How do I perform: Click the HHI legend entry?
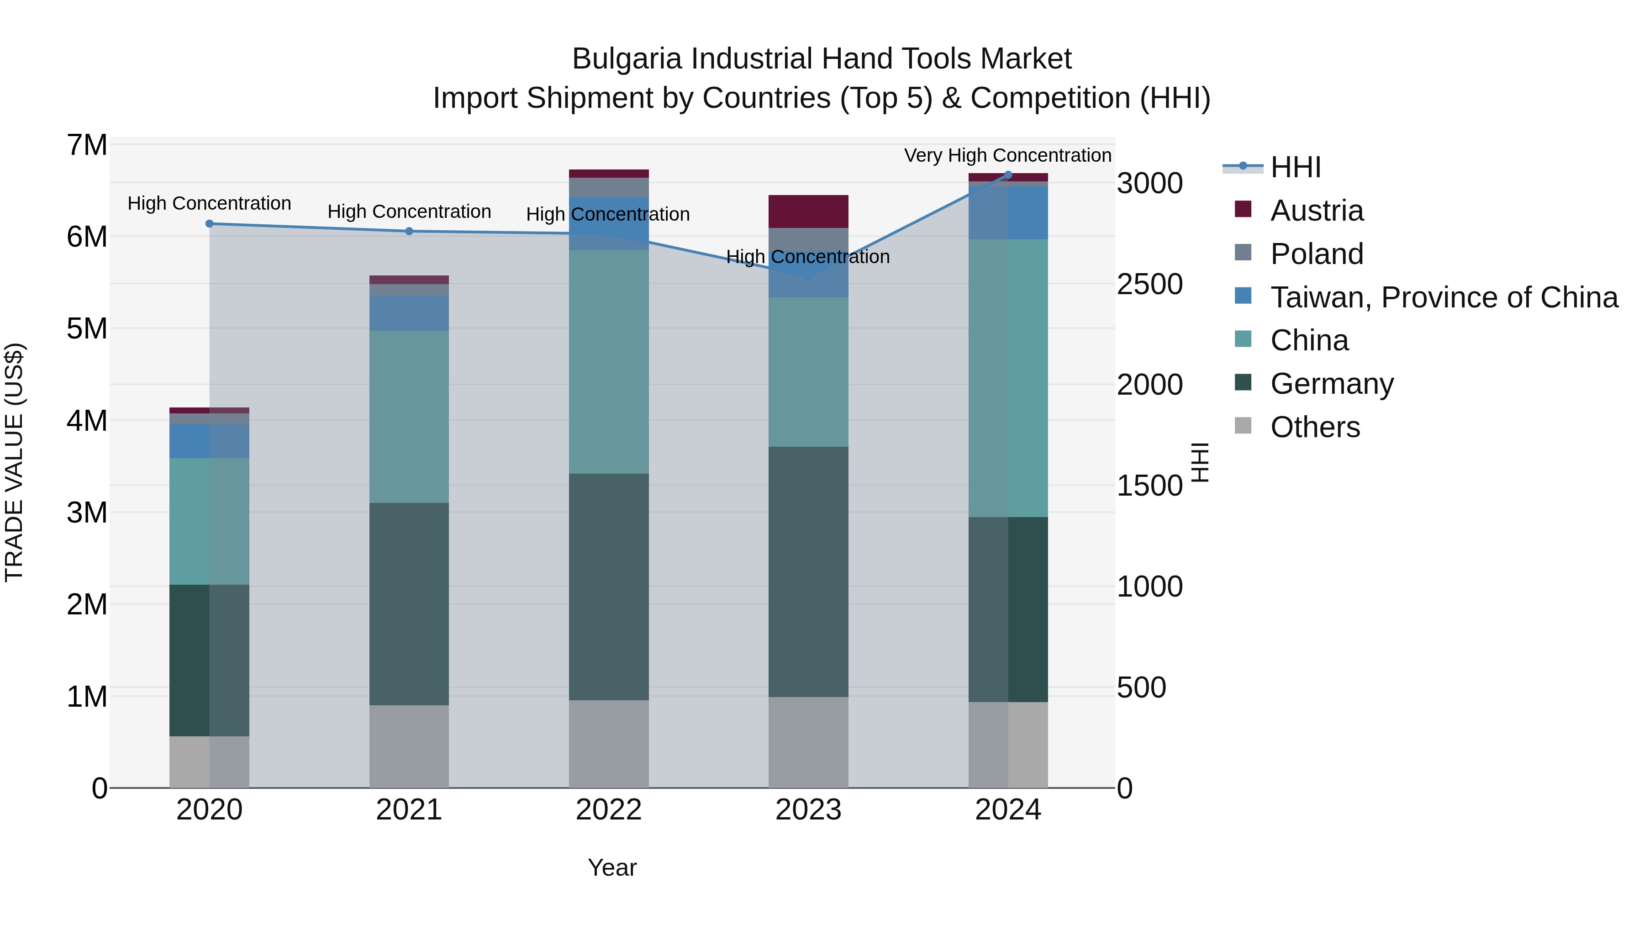(x=1295, y=167)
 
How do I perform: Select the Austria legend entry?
(x=1317, y=211)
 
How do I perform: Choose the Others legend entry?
(x=1315, y=427)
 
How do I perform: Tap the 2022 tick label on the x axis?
(x=608, y=810)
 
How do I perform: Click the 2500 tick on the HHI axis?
(x=1149, y=284)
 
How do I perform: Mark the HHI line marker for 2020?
(x=209, y=223)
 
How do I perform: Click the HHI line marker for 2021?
(x=409, y=231)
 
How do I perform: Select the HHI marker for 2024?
(x=1008, y=175)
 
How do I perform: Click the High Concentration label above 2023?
(x=807, y=257)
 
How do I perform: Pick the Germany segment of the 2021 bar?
(x=409, y=603)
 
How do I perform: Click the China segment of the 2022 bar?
(x=608, y=361)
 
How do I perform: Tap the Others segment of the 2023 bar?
(x=808, y=742)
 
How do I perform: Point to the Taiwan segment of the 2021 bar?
(x=409, y=313)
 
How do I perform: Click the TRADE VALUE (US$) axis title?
(x=14, y=462)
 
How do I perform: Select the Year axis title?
(x=611, y=867)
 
